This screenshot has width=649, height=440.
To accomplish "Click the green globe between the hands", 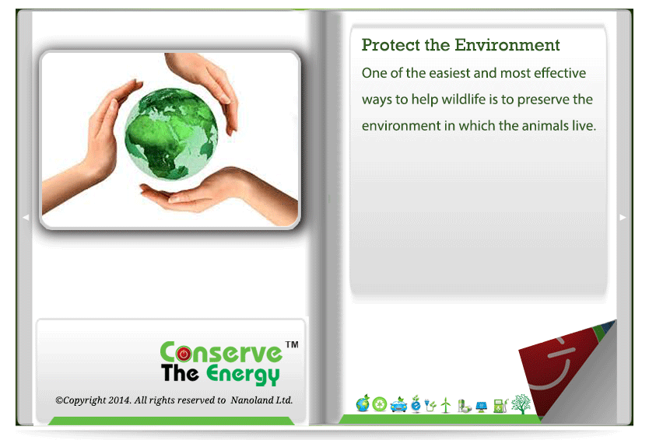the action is [171, 134].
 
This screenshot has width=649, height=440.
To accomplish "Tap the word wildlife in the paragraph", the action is [464, 100].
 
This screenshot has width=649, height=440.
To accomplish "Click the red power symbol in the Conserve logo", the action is [184, 354].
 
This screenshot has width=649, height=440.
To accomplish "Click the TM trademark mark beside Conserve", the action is [292, 344].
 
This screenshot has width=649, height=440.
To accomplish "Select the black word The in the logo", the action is [180, 372].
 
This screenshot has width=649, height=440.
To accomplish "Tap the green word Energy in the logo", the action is [243, 375].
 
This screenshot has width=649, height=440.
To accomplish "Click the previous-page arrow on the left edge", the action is [26, 217].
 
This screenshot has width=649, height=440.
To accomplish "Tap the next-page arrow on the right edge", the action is [623, 217].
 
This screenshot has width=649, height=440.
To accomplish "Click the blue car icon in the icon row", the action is [398, 404].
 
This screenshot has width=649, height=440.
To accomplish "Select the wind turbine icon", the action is [446, 405].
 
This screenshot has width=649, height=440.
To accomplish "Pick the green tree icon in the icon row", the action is [521, 403].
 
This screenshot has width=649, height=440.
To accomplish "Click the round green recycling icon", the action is [380, 404].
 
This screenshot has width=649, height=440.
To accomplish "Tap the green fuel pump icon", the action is [500, 405].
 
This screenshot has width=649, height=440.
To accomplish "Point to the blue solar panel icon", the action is [482, 407].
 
